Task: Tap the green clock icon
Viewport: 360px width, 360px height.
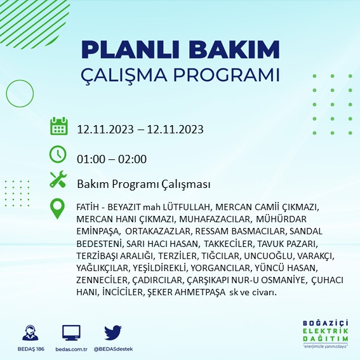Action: coord(58,154)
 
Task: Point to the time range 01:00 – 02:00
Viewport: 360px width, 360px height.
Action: coord(112,159)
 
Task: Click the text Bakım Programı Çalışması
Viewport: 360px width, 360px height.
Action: coord(143,184)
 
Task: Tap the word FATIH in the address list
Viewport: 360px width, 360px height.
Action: coord(88,208)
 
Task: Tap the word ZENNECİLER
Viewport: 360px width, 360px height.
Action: coord(100,280)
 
